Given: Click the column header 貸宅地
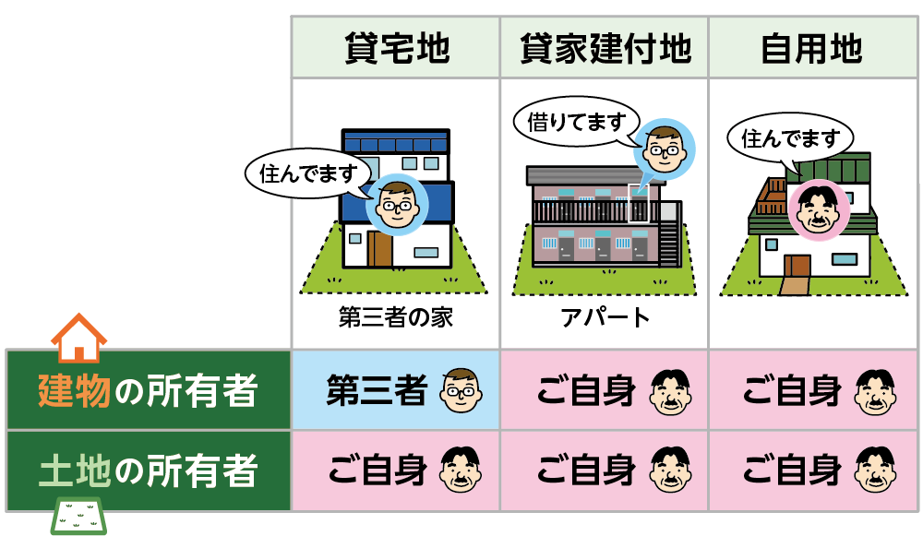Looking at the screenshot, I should (395, 47).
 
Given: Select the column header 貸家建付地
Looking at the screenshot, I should (605, 47).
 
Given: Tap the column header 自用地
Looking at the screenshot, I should (812, 47).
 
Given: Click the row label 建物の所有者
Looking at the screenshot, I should (148, 391).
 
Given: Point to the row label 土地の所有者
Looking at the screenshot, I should (148, 471).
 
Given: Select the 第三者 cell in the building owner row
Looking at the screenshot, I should (395, 391).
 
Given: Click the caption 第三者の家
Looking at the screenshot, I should (395, 319).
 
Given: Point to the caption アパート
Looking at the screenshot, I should (605, 319).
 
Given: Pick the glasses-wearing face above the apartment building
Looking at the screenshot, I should (664, 148).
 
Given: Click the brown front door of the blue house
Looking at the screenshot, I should (378, 248).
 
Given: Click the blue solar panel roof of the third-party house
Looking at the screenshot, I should (395, 143).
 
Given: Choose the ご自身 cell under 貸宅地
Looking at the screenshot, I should (395, 471).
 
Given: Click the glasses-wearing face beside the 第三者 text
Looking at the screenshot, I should (461, 391).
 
